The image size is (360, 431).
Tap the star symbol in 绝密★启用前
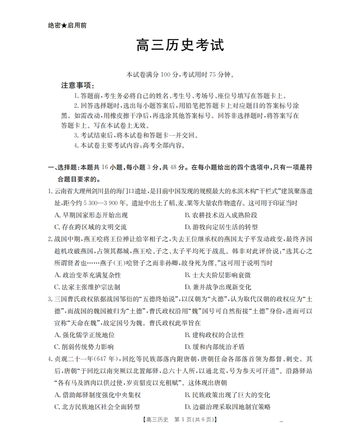pos(64,26)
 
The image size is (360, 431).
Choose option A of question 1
pos(91,215)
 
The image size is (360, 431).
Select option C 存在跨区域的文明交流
pos(91,227)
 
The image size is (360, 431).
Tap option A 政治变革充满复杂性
pos(88,275)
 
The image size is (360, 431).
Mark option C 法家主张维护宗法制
pos(88,287)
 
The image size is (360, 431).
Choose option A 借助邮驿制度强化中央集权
pos(97,395)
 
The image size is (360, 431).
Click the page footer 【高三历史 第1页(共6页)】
pos(180,420)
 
